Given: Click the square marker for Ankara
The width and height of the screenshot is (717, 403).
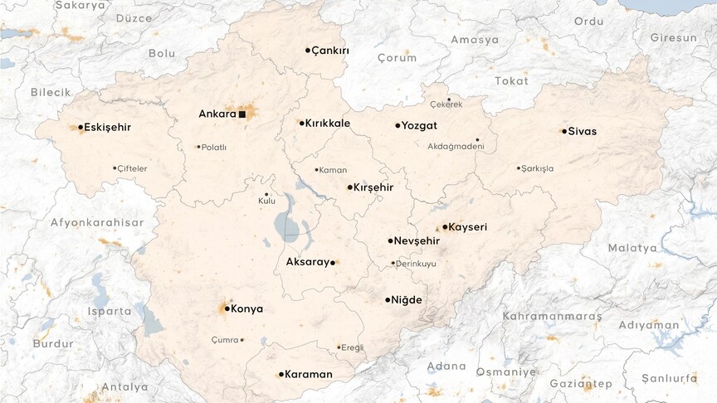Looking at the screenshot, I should tap(241, 114).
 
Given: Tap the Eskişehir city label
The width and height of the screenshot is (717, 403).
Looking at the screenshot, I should tap(108, 128).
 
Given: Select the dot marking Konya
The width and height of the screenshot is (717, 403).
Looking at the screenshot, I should tap(227, 308).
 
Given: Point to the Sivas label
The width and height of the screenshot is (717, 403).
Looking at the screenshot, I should tap(583, 131).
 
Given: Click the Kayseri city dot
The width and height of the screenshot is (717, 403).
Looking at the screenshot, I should tap(445, 226).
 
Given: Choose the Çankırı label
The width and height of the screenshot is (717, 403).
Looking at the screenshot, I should tap(330, 51).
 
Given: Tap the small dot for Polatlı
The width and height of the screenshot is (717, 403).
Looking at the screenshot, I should tap(199, 147).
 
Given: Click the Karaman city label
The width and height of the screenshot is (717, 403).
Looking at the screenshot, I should tap(309, 375).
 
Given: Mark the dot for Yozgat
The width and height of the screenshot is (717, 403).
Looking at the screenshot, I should tap(398, 126).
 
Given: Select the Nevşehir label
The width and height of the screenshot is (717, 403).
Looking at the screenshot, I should tap(417, 241).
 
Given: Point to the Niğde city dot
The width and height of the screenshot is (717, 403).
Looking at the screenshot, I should tap(388, 299).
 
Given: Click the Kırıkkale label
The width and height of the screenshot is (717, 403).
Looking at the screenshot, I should tap(328, 124).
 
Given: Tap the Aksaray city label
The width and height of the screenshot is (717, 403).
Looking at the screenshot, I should tap(307, 262).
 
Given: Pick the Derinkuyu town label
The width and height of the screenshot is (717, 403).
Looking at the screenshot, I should tap(417, 264).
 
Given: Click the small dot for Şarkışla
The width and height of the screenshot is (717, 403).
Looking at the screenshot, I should tap(519, 168).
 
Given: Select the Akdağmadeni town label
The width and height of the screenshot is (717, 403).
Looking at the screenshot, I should tap(456, 147).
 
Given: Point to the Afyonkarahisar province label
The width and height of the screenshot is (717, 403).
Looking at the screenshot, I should tap(97, 222).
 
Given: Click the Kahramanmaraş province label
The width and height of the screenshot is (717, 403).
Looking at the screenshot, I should tap(552, 317).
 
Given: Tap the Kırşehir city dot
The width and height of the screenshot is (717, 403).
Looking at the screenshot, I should tap(349, 187).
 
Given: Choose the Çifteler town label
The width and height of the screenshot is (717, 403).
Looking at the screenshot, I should tap(132, 168).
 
